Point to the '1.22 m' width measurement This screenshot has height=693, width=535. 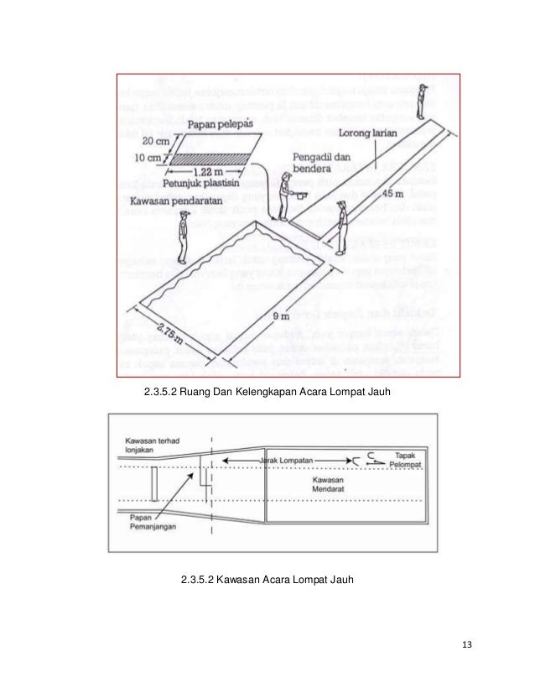pyautogui.click(x=202, y=169)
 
